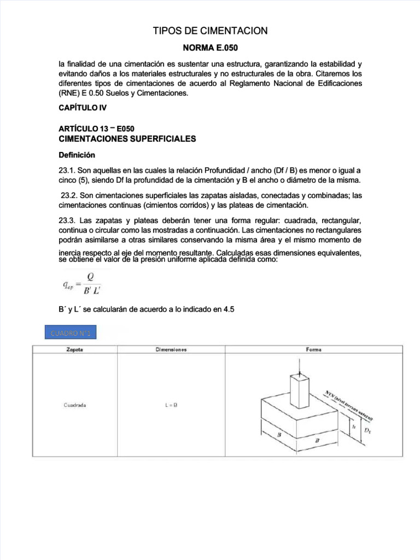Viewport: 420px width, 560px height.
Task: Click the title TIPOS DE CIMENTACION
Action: point(210,31)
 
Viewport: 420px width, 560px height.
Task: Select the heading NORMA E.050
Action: point(210,48)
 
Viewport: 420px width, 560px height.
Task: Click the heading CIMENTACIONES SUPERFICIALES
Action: point(126,139)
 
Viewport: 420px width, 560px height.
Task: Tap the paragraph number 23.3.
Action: point(67,220)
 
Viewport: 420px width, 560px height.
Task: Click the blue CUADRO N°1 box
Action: point(71,332)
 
